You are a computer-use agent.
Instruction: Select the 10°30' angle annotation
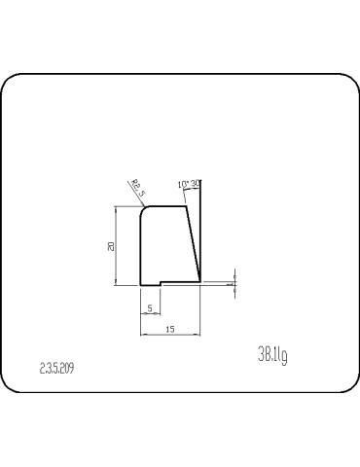189,184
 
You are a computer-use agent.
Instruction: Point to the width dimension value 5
149,308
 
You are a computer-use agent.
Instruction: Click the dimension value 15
170,330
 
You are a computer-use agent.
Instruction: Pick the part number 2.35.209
56,370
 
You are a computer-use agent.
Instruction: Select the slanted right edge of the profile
194,243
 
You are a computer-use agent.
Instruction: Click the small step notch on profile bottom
161,284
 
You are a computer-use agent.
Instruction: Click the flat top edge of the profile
165,205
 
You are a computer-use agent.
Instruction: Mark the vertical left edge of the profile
141,248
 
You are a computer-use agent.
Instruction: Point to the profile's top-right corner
188,205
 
